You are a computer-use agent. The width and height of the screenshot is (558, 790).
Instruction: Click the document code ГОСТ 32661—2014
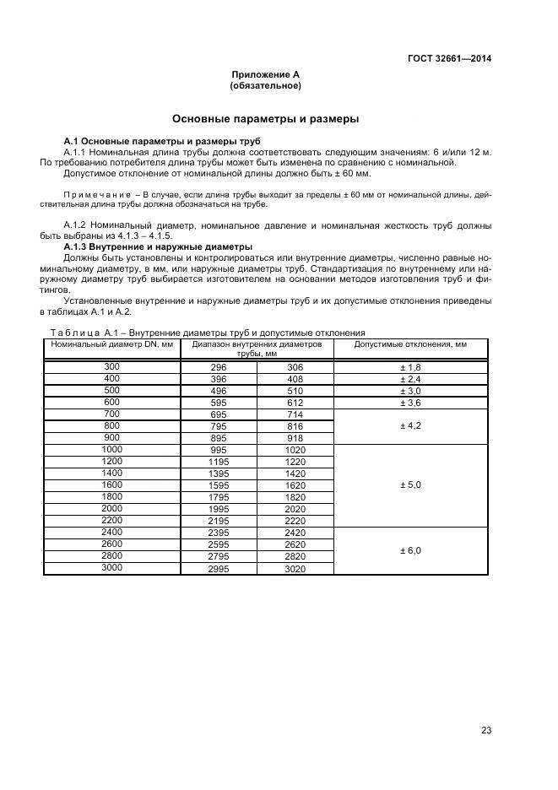point(449,58)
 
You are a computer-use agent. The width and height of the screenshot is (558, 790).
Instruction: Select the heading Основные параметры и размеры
point(265,118)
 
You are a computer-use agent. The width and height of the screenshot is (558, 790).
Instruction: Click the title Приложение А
point(265,74)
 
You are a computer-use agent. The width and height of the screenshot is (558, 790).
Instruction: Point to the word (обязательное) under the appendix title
point(265,86)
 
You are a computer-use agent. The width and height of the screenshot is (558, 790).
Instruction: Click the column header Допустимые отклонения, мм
point(410,344)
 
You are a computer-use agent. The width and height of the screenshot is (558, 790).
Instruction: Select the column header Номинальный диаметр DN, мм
point(111,344)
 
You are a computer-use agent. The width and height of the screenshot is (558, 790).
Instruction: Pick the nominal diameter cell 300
point(111,367)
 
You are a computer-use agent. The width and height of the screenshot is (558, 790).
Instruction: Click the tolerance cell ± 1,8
point(410,368)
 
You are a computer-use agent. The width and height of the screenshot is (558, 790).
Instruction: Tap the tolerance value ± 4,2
point(410,427)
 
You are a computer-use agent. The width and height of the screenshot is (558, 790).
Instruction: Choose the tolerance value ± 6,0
point(410,551)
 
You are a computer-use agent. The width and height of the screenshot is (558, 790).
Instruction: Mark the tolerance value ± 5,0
point(410,486)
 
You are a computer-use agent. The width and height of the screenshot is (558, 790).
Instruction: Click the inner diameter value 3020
point(295,570)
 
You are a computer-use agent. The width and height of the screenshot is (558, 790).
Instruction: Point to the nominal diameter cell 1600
point(111,484)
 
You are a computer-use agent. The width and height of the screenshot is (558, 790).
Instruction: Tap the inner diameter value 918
point(295,439)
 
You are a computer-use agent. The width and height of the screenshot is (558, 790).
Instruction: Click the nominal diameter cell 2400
point(111,532)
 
